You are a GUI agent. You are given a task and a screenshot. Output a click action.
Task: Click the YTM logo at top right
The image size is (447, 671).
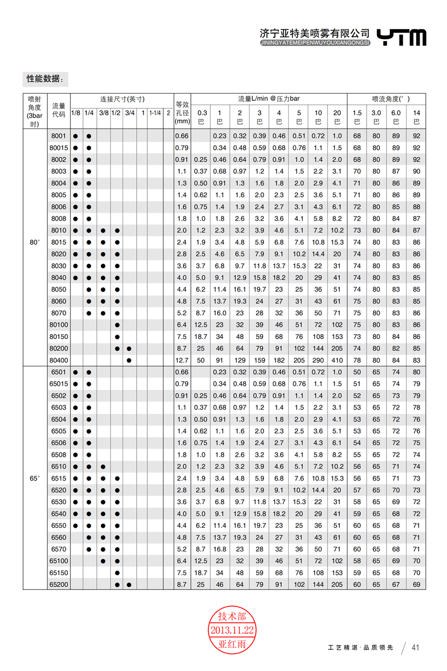tap(402, 37)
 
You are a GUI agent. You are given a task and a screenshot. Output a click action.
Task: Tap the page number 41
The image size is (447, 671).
tap(415, 647)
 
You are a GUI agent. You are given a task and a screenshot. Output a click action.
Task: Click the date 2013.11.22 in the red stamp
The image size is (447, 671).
tap(232, 630)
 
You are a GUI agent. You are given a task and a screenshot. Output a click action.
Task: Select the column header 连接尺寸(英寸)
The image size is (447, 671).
tap(122, 99)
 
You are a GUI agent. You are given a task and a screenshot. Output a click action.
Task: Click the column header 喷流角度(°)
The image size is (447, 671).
tap(386, 99)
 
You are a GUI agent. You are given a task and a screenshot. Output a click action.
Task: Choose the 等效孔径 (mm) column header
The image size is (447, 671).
tap(181, 112)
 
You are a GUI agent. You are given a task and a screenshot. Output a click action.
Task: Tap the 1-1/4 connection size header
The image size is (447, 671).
tap(155, 113)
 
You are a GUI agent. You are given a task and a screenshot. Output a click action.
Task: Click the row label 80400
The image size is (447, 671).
tap(58, 360)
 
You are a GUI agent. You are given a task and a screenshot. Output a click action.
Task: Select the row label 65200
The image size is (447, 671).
tap(58, 585)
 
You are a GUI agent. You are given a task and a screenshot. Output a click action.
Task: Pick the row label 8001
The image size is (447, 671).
tap(58, 136)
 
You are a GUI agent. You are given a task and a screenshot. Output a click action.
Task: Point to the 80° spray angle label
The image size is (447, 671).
tap(35, 242)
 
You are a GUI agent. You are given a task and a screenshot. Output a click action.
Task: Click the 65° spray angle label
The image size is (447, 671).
tap(35, 478)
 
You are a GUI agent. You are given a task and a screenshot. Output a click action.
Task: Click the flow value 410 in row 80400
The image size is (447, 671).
tap(337, 360)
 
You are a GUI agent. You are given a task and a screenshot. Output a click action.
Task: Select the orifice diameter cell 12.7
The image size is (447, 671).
tap(181, 360)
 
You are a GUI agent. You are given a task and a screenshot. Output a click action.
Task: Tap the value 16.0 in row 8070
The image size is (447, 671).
tap(220, 313)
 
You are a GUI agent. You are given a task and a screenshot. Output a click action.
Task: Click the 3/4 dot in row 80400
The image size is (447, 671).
tap(129, 360)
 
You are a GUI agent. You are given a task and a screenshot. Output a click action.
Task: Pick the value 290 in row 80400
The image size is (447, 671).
tap(318, 360)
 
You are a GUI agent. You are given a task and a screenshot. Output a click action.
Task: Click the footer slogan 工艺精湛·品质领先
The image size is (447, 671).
tap(360, 647)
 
